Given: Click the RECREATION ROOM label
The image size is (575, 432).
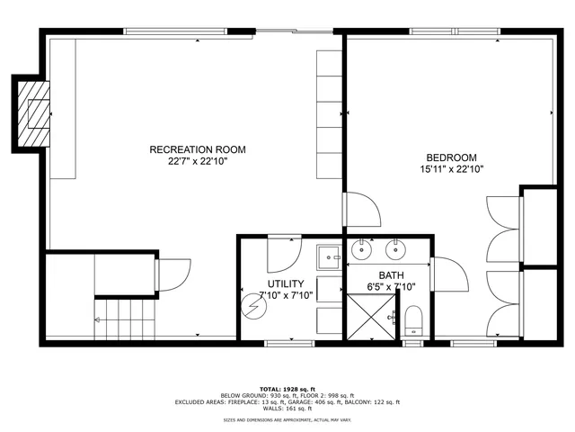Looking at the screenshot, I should (197, 149).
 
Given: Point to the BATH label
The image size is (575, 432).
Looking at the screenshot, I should (391, 275).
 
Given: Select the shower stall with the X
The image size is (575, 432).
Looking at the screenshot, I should (370, 316).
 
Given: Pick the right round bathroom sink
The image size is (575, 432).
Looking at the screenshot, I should (394, 248).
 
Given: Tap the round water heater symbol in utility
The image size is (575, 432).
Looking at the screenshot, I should (253, 304).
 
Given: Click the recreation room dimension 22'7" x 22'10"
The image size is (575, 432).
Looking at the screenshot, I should (198, 162).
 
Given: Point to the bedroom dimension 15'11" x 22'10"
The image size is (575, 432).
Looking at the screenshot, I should (452, 169).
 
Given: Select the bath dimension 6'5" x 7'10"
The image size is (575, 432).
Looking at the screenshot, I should (392, 288).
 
